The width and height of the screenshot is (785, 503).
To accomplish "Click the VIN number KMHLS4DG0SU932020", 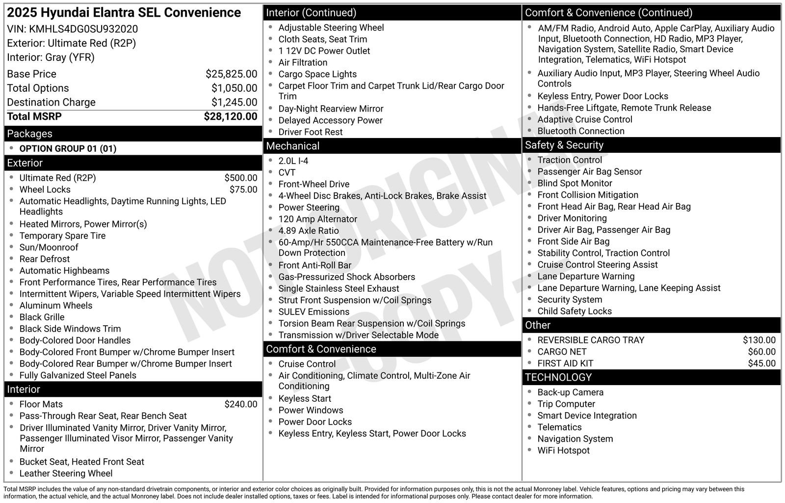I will click(83, 29).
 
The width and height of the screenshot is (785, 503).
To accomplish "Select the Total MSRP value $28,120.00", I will click(230, 116).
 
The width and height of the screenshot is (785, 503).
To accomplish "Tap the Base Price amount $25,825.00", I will click(231, 74).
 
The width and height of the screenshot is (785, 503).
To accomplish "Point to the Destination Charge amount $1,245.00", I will click(234, 102).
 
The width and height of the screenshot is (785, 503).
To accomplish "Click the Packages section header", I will click(29, 134).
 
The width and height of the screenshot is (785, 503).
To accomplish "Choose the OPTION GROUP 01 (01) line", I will click(68, 148).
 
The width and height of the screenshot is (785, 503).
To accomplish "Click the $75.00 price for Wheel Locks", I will click(243, 190).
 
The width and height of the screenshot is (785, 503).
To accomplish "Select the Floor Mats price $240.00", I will click(240, 404).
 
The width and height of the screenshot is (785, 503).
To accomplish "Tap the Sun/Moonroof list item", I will click(49, 248).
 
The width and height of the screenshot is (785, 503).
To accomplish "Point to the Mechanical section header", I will click(292, 146).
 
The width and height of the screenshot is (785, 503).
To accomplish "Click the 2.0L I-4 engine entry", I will click(293, 161).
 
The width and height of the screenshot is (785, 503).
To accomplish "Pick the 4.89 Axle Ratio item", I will click(309, 231).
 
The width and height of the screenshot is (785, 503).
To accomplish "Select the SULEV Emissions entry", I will click(314, 312).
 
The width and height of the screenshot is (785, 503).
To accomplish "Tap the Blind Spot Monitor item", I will click(575, 183).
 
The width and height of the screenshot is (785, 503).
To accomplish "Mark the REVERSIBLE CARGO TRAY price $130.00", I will click(759, 340).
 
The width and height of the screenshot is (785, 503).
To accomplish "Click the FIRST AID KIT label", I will click(565, 363).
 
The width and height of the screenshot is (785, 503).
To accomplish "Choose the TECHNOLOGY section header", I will click(558, 377).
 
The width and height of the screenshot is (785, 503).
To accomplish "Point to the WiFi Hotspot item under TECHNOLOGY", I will click(563, 450).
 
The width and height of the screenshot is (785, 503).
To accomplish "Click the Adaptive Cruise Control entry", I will click(585, 119).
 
